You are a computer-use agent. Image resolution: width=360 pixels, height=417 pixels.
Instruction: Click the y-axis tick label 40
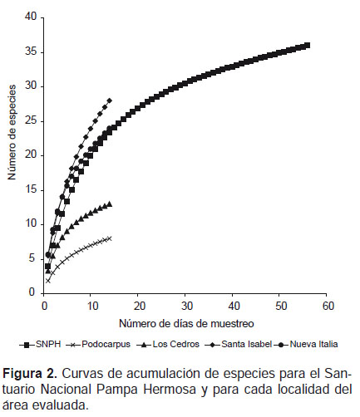pyautogui.click(x=31, y=17)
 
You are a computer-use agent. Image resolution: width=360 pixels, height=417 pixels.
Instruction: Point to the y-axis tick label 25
pyautogui.click(x=31, y=121)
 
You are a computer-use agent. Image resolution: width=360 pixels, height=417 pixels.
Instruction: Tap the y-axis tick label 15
pyautogui.click(x=31, y=190)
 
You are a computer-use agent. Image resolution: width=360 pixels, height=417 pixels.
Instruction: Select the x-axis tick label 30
pyautogui.click(x=186, y=306)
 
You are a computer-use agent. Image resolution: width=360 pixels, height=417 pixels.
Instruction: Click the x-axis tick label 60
pyautogui.click(x=328, y=306)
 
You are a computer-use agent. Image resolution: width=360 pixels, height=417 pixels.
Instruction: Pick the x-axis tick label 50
pyautogui.click(x=281, y=306)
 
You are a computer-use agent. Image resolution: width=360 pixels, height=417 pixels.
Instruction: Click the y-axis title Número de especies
pyautogui.click(x=12, y=132)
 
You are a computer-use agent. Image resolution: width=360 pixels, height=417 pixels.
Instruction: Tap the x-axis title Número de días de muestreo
pyautogui.click(x=186, y=323)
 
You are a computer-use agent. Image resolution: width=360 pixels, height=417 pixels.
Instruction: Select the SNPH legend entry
pyautogui.click(x=40, y=345)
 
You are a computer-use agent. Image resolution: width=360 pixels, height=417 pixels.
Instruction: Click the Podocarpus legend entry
pyautogui.click(x=99, y=345)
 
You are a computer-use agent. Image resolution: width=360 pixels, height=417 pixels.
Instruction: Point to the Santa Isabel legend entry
pyautogui.click(x=239, y=345)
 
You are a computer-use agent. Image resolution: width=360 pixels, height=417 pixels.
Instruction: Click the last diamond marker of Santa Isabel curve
pyautogui.click(x=110, y=101)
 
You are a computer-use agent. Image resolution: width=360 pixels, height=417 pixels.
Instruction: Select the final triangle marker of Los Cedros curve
pyautogui.click(x=110, y=204)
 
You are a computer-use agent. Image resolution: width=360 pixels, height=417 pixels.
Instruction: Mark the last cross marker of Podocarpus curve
pyautogui.click(x=110, y=238)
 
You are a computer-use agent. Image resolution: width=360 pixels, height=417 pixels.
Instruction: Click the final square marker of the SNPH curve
pyautogui.click(x=307, y=46)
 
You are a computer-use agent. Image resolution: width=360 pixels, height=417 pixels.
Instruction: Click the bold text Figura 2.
pyautogui.click(x=30, y=374)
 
